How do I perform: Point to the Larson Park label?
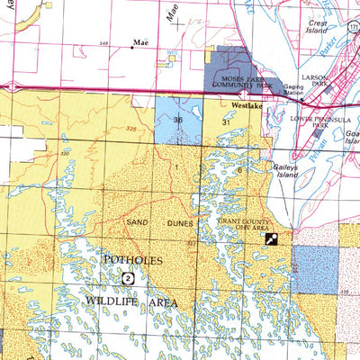(x=314, y=82)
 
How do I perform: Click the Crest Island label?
(x=317, y=28)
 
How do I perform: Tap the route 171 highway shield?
(x=355, y=29)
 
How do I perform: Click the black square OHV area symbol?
(x=270, y=238)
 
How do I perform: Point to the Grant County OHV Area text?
(x=246, y=223)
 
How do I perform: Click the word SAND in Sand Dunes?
(x=137, y=221)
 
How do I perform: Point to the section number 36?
(x=178, y=120)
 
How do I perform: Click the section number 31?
(x=226, y=120)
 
